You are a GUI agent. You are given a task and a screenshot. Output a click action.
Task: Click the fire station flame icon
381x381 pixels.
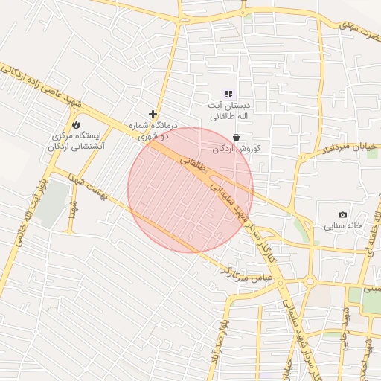point(76,124)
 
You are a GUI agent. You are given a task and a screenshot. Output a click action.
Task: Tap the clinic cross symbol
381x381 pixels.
point(153,115)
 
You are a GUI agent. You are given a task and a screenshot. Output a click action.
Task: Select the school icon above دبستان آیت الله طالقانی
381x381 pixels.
point(228,95)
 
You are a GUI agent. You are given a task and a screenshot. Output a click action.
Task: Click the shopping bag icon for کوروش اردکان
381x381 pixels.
point(236,137)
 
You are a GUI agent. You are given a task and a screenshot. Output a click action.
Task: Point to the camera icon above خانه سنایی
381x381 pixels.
point(342,214)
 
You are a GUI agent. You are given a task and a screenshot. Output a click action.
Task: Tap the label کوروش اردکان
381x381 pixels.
point(237,149)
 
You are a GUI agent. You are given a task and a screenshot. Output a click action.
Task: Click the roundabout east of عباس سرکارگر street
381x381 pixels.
point(309,282)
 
